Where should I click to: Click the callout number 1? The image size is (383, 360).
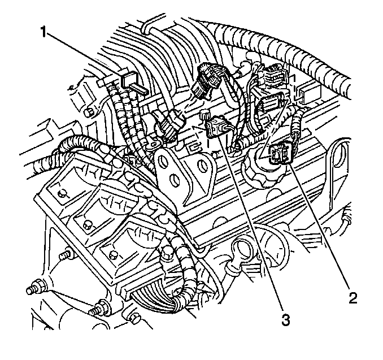pos(43,32)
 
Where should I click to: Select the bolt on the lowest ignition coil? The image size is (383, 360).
pos(113,255)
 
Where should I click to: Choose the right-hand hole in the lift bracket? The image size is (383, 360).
pos(202,166)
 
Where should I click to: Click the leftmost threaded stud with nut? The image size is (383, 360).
pos(35,288)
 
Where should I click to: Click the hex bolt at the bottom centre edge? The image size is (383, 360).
pos(134,318)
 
